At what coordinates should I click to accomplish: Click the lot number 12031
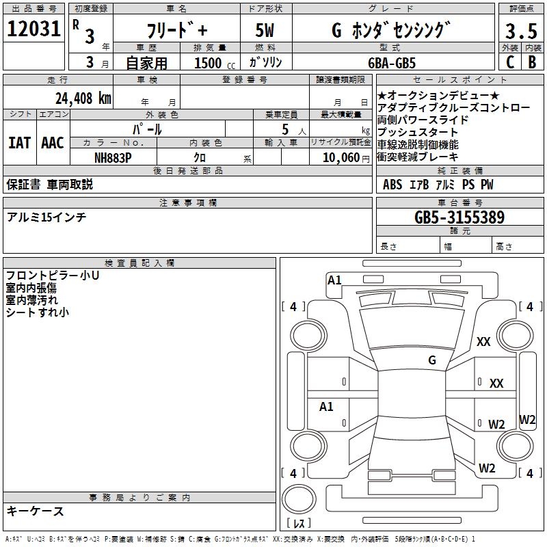tap(34, 29)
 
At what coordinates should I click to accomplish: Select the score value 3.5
tap(520, 31)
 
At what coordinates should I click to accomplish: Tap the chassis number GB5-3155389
tap(459, 218)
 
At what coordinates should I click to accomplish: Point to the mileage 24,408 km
tap(83, 98)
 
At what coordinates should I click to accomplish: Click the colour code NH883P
tap(114, 157)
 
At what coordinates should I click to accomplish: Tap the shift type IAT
tap(19, 143)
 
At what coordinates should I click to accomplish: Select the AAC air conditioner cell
tap(52, 143)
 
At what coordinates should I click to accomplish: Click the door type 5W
tap(265, 31)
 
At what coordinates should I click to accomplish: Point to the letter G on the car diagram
tap(431, 360)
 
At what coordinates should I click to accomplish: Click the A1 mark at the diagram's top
tap(334, 280)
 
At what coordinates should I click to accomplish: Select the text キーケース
tap(36, 511)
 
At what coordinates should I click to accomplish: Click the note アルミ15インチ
tap(46, 217)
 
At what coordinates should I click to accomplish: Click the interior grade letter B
tap(531, 62)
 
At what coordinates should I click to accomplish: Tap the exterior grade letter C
tap(509, 62)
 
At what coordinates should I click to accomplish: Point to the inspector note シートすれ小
tap(38, 312)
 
